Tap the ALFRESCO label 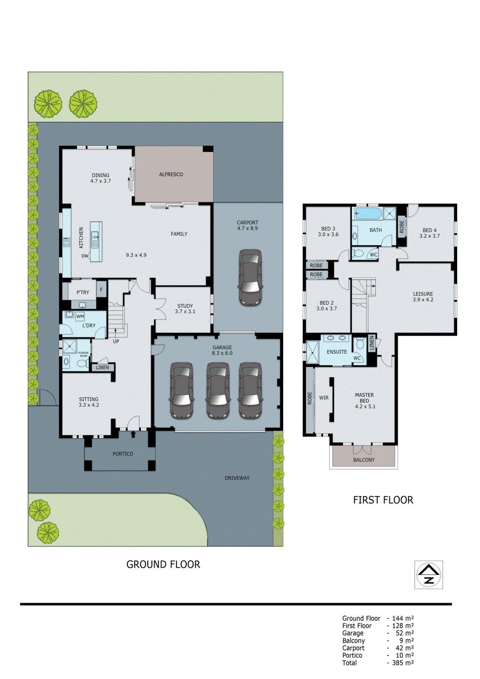(x=171, y=174)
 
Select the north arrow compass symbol (x=428, y=575)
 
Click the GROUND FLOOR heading (x=163, y=564)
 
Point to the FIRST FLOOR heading (x=383, y=500)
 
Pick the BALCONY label (x=364, y=460)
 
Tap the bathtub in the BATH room (x=368, y=213)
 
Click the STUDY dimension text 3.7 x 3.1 (x=185, y=311)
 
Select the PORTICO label (x=123, y=454)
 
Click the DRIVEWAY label (x=237, y=478)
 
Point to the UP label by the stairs (x=116, y=341)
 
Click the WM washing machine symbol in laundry (x=80, y=316)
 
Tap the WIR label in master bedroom (x=324, y=398)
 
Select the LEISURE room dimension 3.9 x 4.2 (x=423, y=300)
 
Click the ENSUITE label (x=337, y=352)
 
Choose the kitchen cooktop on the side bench (x=67, y=242)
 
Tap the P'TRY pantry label (x=83, y=292)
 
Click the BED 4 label (x=429, y=230)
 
